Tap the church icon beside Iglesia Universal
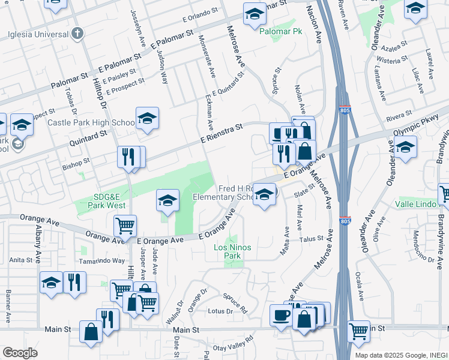click(76, 34)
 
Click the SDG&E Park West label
click(101, 200)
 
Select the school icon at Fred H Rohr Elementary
click(264, 193)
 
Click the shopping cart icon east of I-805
click(358, 330)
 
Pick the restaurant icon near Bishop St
click(128, 157)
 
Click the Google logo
click(20, 353)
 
